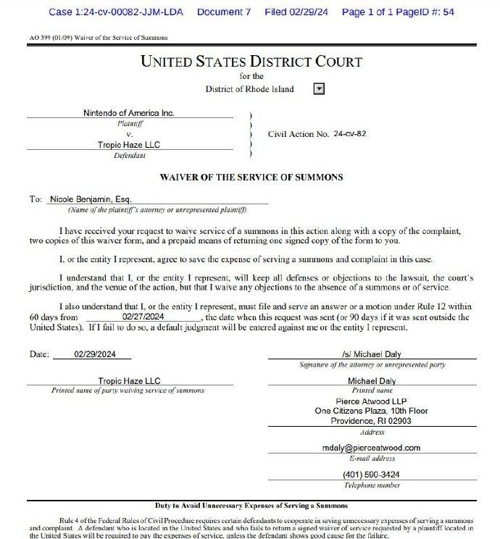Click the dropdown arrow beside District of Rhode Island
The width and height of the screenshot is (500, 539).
319,89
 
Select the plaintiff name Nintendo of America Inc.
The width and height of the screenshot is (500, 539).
129,113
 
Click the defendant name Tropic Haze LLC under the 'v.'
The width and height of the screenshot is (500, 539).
129,145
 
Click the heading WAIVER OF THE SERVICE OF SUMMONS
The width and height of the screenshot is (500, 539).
251,177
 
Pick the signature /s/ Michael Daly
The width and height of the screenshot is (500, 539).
372,354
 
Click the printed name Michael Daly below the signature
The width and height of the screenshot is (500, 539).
372,380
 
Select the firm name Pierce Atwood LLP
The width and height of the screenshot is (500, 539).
372,401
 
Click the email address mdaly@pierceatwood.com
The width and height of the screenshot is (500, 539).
372,448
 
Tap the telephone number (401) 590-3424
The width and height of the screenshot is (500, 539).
372,475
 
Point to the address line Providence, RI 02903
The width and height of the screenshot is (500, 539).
372,421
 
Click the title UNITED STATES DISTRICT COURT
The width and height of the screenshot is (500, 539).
250,62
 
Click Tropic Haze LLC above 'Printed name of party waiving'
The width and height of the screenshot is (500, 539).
129,380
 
